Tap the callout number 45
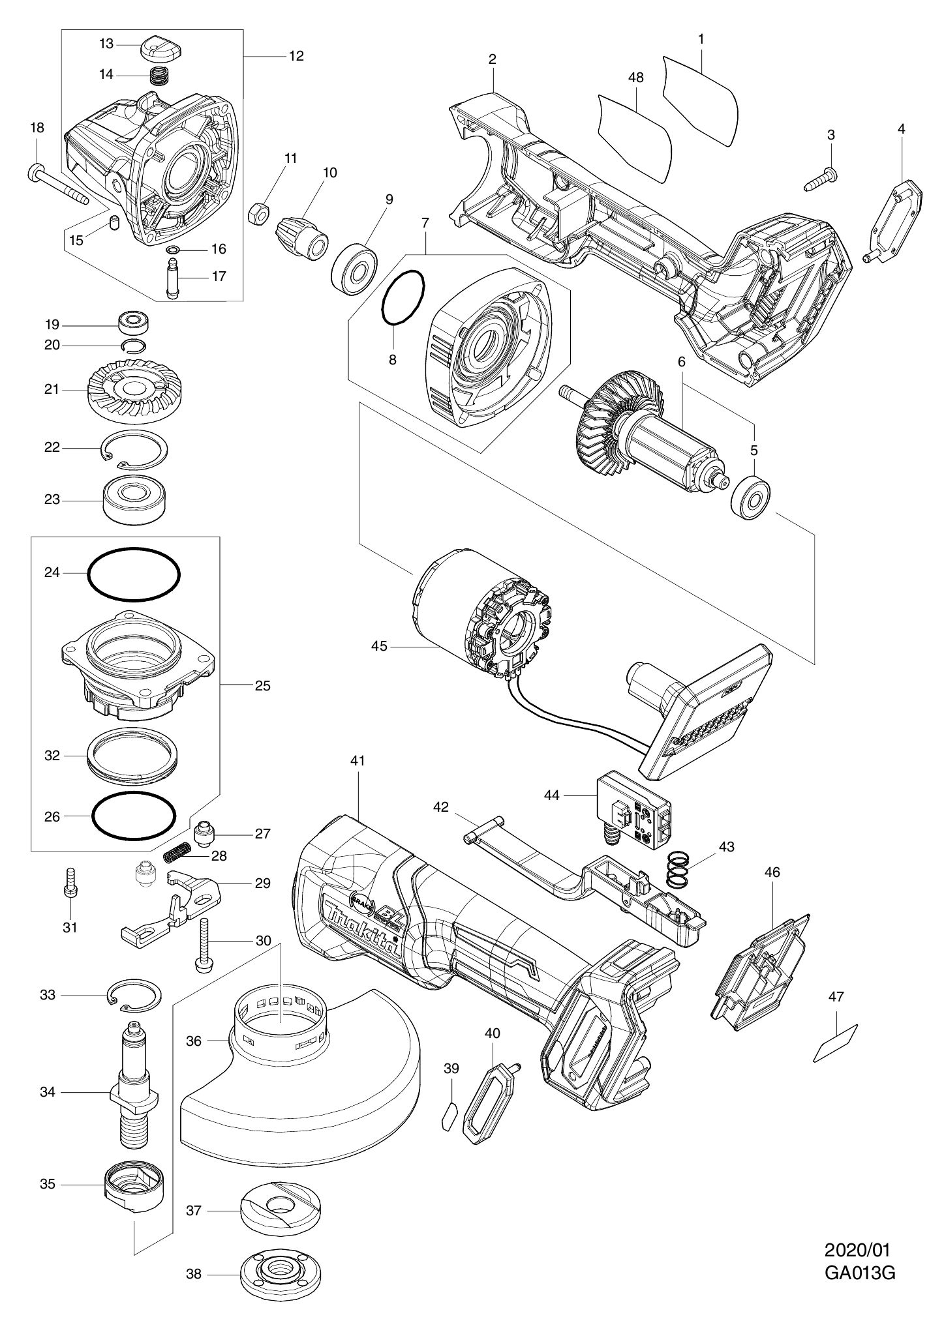point(379,647)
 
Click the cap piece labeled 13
point(160,47)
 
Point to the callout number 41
point(359,760)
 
